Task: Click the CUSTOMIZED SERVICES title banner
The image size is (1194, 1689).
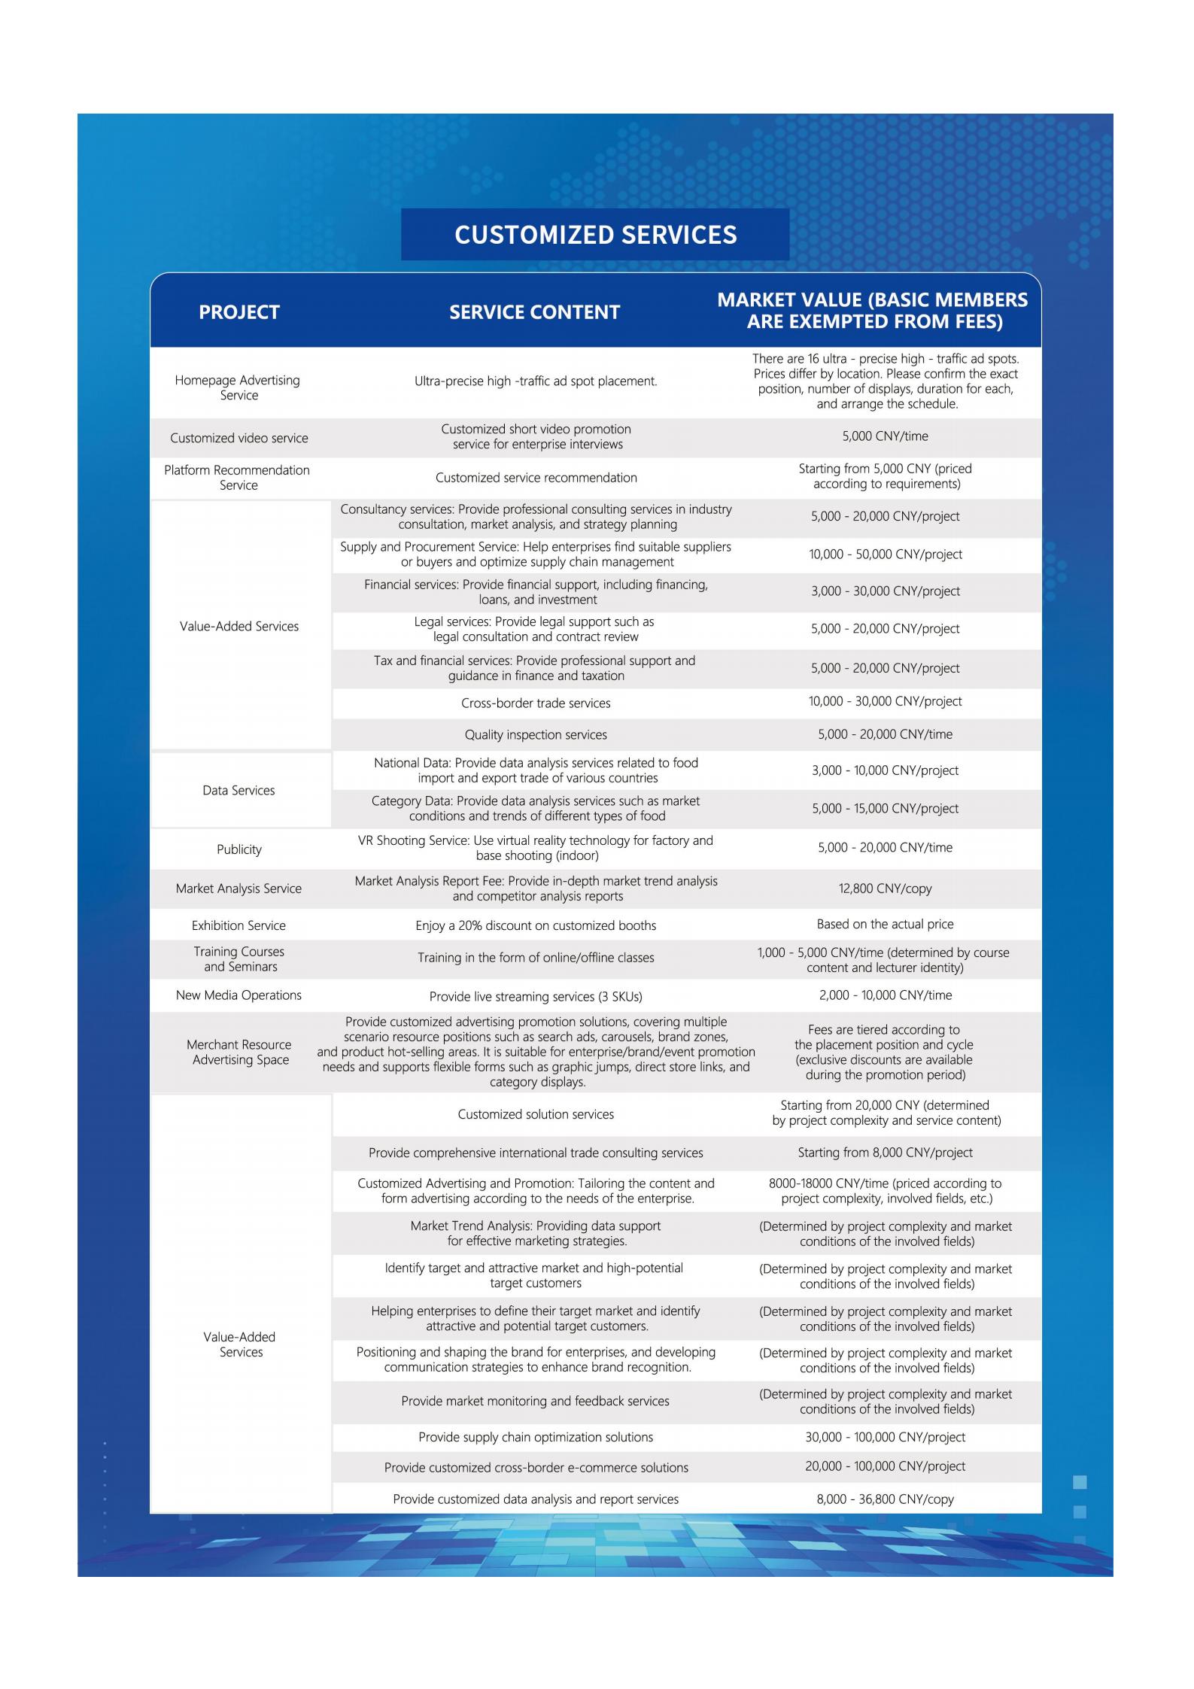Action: [595, 235]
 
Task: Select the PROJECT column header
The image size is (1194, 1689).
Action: [239, 312]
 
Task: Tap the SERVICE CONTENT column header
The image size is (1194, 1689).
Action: [534, 312]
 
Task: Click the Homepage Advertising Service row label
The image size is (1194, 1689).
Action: [238, 387]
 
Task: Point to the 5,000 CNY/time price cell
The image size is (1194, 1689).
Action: [885, 436]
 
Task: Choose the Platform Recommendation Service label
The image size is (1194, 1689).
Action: [238, 478]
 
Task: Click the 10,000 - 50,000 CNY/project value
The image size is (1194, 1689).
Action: [886, 554]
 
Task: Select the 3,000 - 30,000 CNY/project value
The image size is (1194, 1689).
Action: [886, 591]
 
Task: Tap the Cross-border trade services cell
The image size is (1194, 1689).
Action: [536, 703]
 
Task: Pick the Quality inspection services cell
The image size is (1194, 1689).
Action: [536, 735]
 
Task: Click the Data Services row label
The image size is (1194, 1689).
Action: [238, 791]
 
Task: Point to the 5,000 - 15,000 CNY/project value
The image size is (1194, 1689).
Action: [885, 809]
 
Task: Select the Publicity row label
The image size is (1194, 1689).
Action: [239, 849]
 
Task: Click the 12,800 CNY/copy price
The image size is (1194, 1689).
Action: [885, 889]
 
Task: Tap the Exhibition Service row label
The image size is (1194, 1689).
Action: [238, 925]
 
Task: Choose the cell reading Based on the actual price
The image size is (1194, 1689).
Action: [885, 924]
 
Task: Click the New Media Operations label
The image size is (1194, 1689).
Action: [238, 995]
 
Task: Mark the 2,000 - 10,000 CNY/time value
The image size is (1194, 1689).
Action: [885, 995]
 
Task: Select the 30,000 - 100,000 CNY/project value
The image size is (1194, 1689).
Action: [885, 1437]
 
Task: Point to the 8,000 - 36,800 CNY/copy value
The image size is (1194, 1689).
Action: [885, 1499]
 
